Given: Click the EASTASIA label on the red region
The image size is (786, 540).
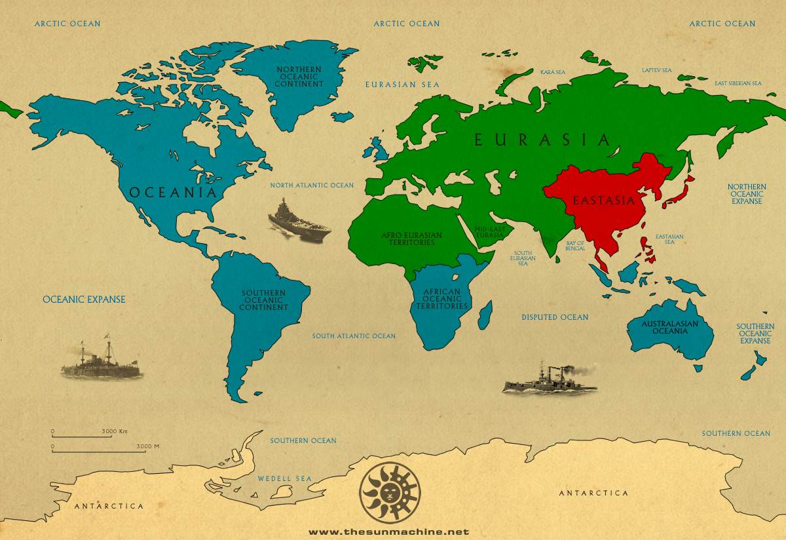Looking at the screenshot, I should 604,201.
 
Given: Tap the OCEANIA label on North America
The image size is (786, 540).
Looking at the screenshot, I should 172,193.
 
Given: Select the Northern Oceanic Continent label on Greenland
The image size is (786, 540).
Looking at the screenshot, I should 299,77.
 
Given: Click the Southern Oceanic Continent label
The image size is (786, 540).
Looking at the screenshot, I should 264,300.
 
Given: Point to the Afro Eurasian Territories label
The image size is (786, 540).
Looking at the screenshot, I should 411,239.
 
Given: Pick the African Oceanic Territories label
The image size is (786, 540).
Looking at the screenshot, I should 446,299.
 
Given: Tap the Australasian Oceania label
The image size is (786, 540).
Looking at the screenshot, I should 669,327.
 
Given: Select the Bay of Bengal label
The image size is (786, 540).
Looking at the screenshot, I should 575,246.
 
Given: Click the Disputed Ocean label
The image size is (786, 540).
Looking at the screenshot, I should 555,317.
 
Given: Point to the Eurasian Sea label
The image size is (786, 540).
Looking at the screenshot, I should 402,85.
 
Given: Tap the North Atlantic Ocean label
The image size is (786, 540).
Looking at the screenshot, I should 312,185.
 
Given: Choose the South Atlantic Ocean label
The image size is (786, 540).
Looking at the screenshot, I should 354,336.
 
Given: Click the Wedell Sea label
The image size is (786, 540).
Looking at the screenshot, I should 285,478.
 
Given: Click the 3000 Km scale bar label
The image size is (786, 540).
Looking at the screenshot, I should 114,431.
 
